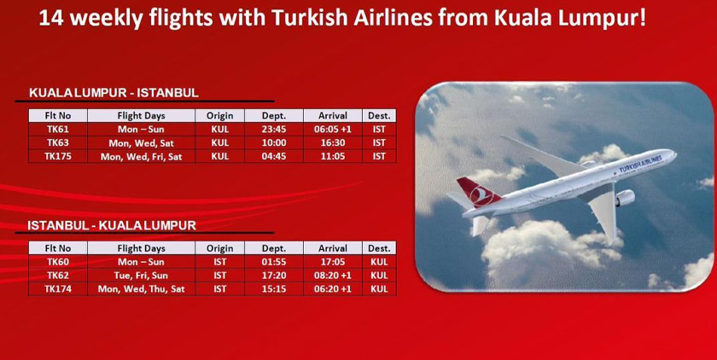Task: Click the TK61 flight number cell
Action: click(x=58, y=130)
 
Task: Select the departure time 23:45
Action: click(x=273, y=130)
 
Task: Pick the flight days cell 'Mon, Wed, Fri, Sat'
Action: click(x=141, y=157)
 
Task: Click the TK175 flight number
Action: click(x=58, y=157)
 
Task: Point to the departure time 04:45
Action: click(x=273, y=157)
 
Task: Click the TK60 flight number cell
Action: click(x=58, y=262)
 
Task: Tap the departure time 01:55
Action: click(x=273, y=262)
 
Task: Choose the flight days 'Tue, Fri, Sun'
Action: click(x=141, y=276)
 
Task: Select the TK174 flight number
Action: click(x=58, y=289)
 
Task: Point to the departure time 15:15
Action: click(x=273, y=289)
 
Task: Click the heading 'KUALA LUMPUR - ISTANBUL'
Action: click(x=114, y=93)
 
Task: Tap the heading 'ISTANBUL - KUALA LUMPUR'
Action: click(x=112, y=225)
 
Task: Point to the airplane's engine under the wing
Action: click(x=623, y=198)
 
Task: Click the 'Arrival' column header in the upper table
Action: click(x=332, y=115)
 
